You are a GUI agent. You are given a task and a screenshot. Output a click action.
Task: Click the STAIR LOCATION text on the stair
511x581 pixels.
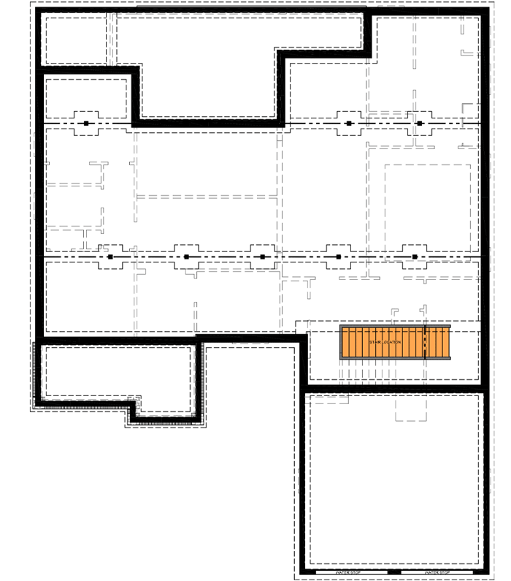point(385,342)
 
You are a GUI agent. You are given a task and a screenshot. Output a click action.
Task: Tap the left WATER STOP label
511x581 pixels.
point(349,572)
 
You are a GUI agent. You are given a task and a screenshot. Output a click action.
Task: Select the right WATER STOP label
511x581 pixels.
point(436,572)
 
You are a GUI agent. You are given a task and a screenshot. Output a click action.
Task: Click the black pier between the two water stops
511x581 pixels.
point(394,571)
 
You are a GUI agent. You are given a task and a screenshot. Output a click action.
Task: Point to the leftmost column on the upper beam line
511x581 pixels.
point(86,124)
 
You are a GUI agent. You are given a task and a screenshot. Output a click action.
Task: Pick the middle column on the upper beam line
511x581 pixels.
point(349,124)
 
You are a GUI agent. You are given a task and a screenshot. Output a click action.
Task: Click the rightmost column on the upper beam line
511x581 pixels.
point(420,124)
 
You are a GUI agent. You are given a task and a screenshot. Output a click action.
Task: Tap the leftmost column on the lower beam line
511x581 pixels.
point(110,257)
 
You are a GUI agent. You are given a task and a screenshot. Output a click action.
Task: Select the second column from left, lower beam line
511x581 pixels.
point(186,257)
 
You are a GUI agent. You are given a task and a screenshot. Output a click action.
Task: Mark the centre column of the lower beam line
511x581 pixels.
point(262,257)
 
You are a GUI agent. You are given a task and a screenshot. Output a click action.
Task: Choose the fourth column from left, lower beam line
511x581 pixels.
point(339,257)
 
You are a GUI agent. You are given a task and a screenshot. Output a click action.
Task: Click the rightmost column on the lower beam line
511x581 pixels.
point(415,257)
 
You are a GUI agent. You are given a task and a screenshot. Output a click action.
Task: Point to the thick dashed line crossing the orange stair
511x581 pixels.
point(425,342)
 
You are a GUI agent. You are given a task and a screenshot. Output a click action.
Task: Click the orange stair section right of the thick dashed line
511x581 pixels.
point(437,342)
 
